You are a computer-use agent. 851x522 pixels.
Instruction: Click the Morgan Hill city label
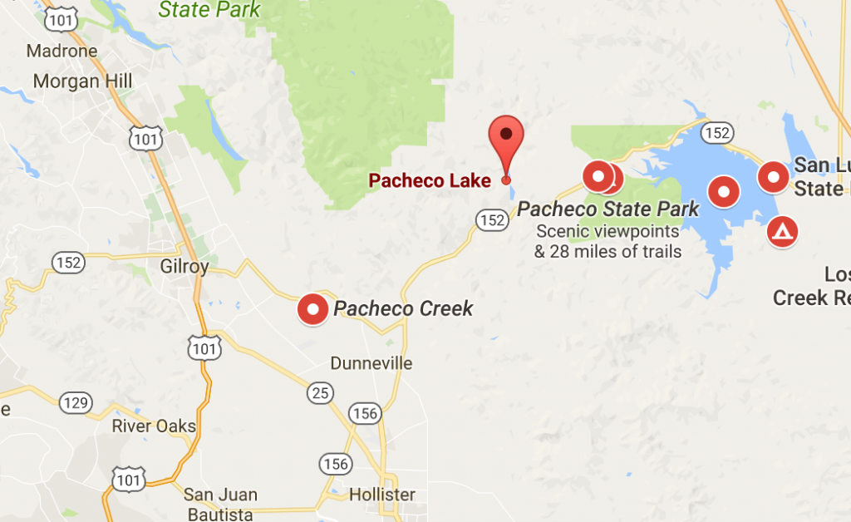point(77,81)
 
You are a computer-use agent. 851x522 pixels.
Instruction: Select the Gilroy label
point(184,267)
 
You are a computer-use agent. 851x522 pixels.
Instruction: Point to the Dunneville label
point(371,364)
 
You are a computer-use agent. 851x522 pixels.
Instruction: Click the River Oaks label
point(155,426)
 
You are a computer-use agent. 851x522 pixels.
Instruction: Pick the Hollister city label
point(382,495)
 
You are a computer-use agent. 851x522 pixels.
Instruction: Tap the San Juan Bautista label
point(220,504)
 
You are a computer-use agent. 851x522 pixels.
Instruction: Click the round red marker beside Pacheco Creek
point(313,310)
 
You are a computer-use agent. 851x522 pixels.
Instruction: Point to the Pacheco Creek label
point(403,309)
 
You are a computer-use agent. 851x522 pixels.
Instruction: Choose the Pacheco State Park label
point(608,209)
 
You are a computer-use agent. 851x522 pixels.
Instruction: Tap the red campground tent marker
point(781,232)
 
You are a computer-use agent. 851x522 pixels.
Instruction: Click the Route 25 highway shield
point(320,391)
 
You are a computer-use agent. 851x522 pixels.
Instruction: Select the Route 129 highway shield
point(75,403)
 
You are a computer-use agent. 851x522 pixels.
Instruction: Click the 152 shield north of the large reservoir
point(716,132)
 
